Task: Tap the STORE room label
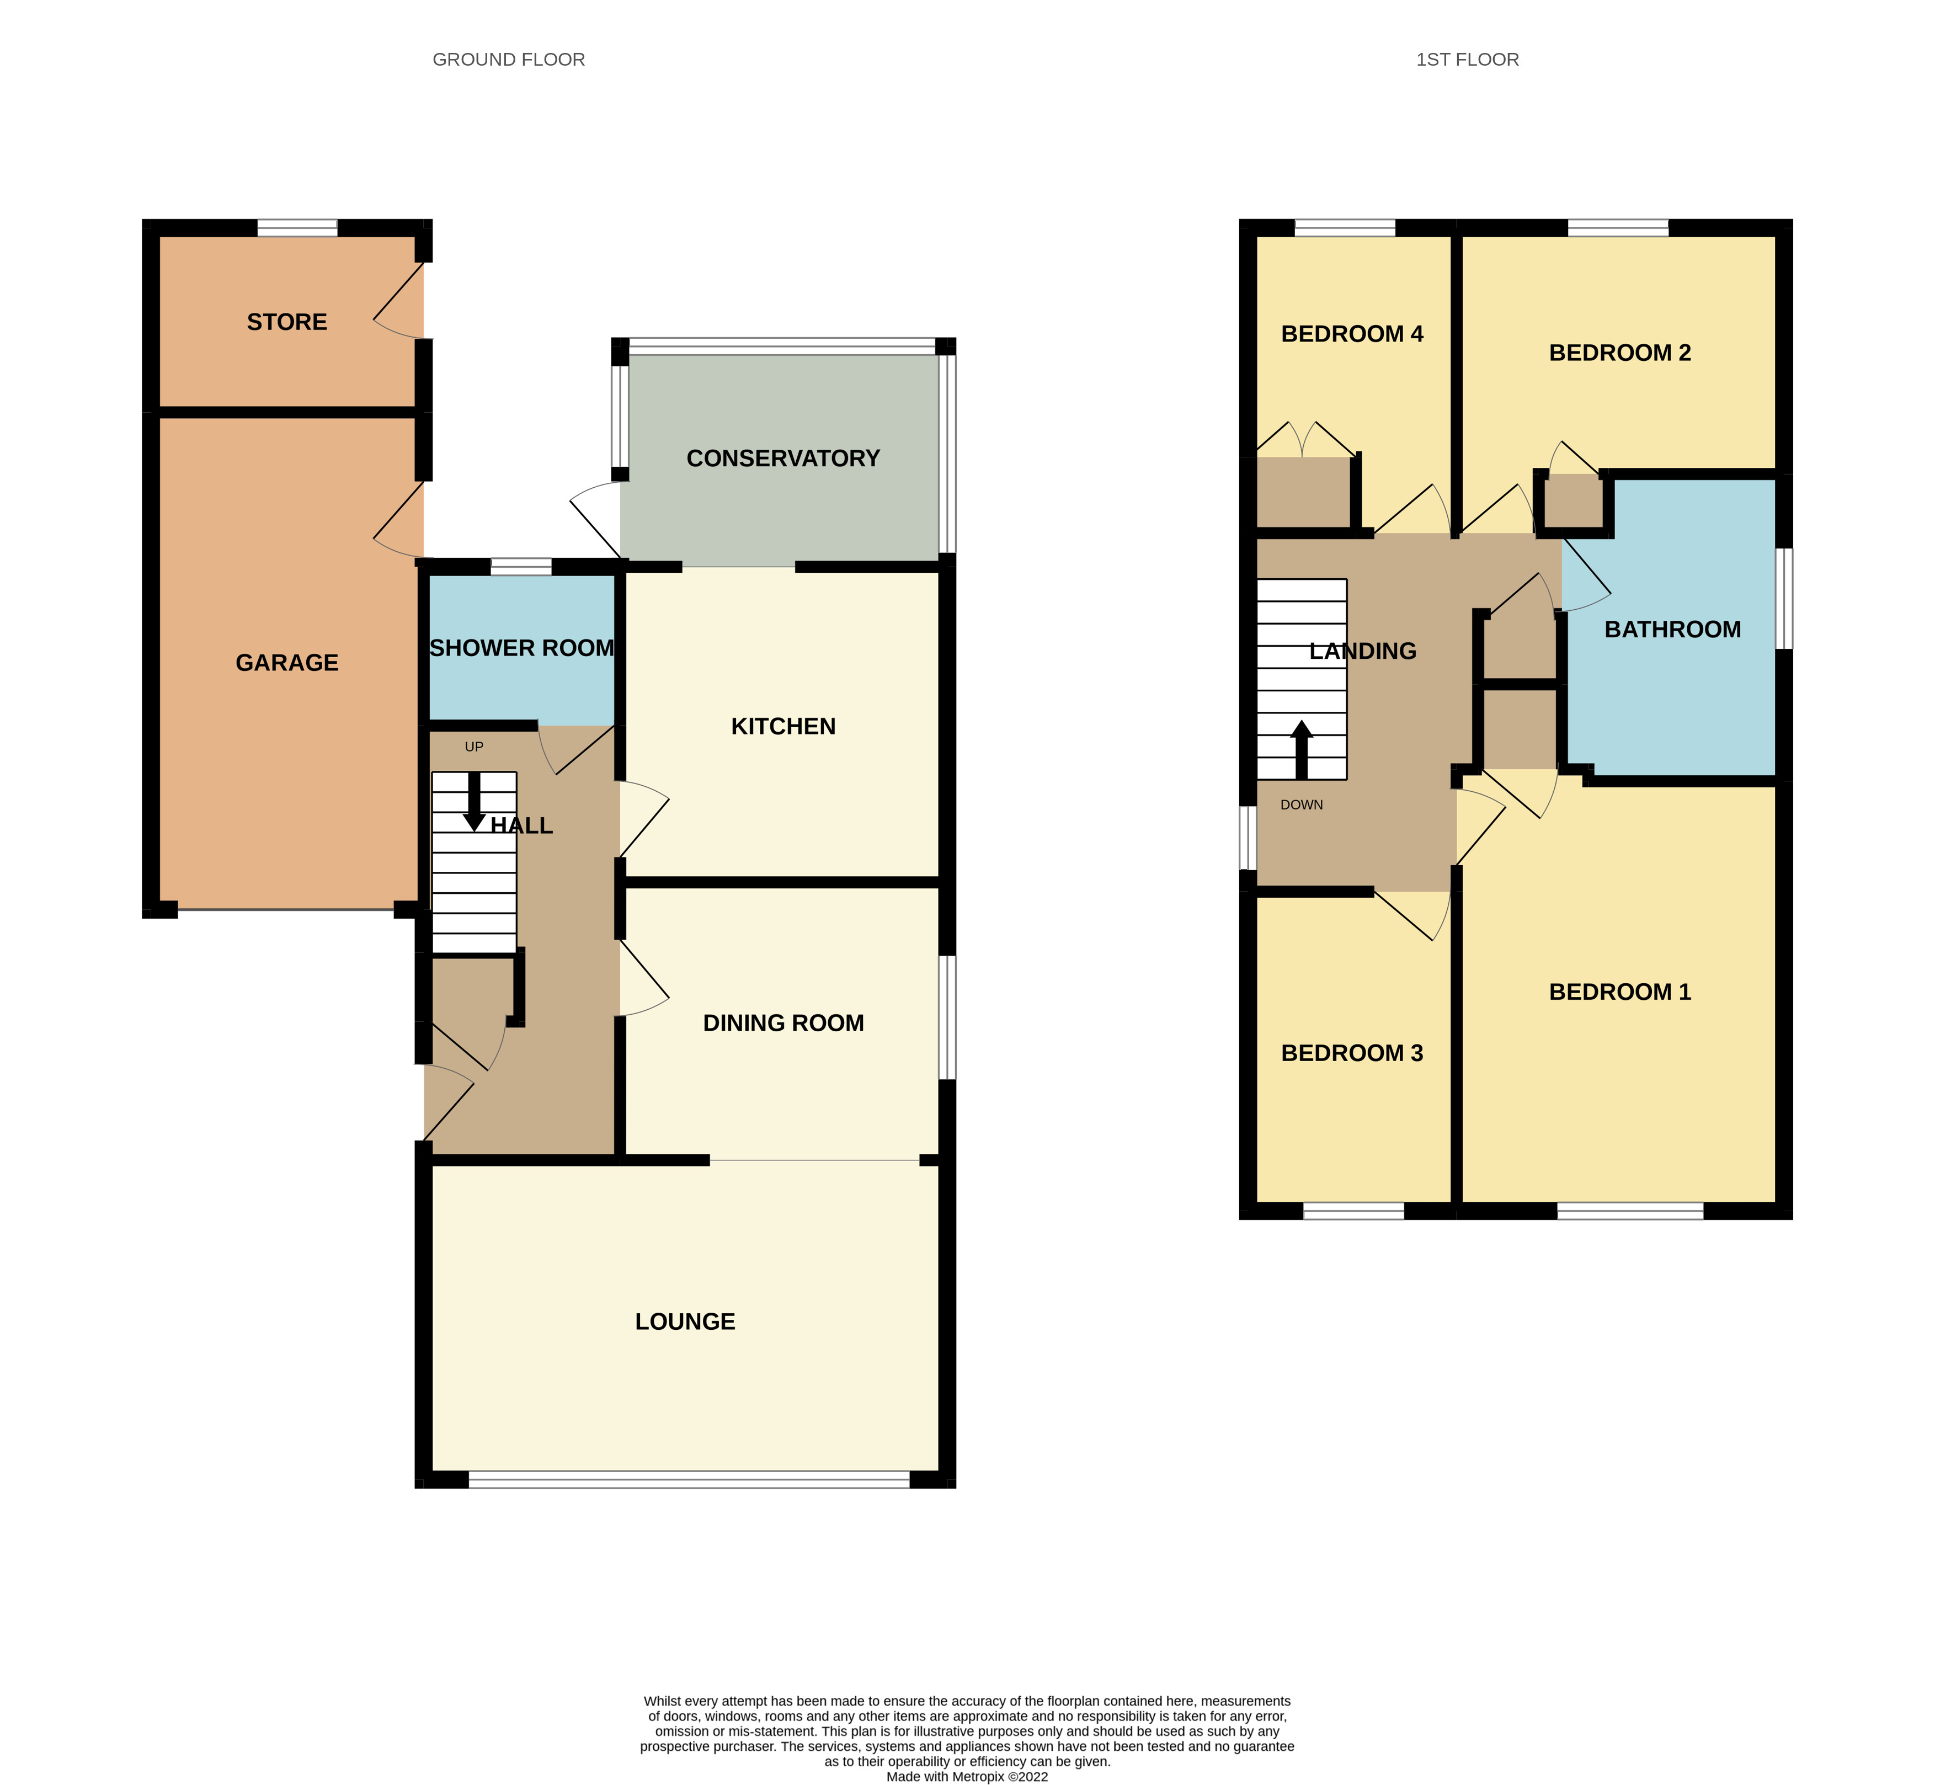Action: (287, 322)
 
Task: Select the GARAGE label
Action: (287, 663)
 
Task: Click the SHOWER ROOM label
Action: (521, 648)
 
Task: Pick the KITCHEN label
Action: (782, 726)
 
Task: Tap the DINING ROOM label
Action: (782, 1023)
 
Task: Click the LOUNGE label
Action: (685, 1322)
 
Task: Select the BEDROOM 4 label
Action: (1351, 334)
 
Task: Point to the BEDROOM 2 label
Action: (1619, 353)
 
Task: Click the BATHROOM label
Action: (1672, 630)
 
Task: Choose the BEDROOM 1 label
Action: (1619, 992)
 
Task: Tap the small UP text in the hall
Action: (473, 747)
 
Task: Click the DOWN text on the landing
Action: (1301, 804)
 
